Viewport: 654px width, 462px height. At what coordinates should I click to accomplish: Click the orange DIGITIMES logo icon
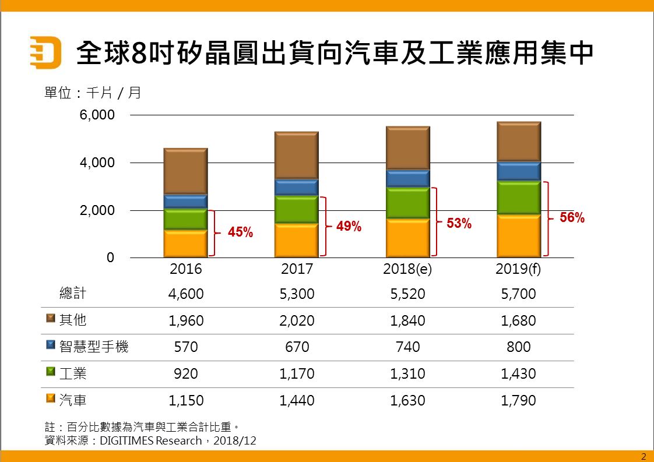click(x=45, y=53)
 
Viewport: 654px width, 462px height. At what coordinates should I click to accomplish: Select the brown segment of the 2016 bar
click(x=185, y=171)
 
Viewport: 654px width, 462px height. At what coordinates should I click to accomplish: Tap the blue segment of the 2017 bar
click(x=296, y=187)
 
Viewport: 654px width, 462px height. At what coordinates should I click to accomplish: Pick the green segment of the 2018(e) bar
click(x=407, y=203)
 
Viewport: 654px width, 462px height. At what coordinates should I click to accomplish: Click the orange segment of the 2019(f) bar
click(x=519, y=236)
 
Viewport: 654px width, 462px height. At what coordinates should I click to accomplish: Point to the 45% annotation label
click(x=240, y=232)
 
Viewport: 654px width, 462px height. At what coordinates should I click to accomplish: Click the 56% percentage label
click(x=572, y=218)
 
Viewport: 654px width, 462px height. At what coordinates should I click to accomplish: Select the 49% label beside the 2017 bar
click(x=349, y=227)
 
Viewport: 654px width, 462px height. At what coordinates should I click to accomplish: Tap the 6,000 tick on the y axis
click(x=97, y=115)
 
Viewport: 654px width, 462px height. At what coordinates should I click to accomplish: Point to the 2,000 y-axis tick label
click(x=97, y=210)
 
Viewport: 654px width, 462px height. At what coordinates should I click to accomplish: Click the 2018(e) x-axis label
click(x=407, y=270)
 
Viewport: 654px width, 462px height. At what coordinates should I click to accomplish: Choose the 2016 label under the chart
click(x=185, y=270)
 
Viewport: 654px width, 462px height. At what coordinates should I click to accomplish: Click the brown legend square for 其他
click(x=50, y=318)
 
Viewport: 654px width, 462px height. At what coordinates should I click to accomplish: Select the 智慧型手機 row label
click(x=94, y=347)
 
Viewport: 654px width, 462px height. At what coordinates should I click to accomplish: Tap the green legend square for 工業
click(x=50, y=371)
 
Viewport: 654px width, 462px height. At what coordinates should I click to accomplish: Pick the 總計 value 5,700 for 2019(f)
click(x=518, y=294)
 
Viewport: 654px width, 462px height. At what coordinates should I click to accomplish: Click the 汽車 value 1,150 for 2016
click(x=186, y=401)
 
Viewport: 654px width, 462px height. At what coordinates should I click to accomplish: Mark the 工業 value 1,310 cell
click(x=407, y=374)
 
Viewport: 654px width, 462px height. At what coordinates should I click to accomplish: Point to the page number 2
click(x=644, y=456)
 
